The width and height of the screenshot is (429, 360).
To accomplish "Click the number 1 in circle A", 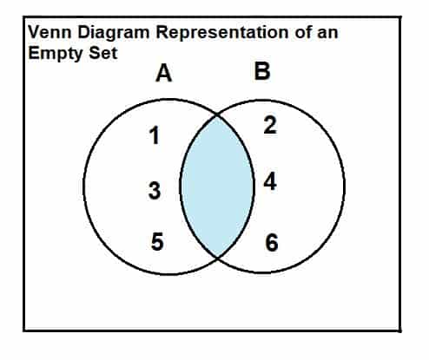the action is click(155, 135).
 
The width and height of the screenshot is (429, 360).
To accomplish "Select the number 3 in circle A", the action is click(155, 190).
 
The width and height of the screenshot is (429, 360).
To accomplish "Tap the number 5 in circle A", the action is click(157, 242).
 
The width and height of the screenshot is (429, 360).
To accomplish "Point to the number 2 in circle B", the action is click(270, 125).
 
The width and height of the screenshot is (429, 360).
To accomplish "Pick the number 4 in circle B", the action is click(270, 181).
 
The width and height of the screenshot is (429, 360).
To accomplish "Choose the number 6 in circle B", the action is click(272, 243).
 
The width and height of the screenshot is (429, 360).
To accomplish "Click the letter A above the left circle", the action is click(164, 73).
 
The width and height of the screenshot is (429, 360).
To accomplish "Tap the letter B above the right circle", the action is click(262, 71).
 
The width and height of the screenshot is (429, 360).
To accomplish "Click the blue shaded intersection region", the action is click(217, 187).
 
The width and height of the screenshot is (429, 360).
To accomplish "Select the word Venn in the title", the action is click(49, 32).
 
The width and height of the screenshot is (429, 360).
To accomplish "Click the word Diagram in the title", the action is click(114, 33).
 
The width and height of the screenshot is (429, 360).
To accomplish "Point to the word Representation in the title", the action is click(222, 32).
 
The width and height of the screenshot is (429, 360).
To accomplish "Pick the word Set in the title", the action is click(103, 53).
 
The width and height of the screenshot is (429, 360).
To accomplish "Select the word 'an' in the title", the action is click(327, 33).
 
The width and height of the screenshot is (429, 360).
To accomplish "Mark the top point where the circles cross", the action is click(217, 115).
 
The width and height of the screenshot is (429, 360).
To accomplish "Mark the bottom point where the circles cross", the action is click(217, 257).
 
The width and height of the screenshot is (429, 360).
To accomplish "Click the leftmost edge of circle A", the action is click(84, 187).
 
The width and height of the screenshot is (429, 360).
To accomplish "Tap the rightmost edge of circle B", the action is click(345, 187).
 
